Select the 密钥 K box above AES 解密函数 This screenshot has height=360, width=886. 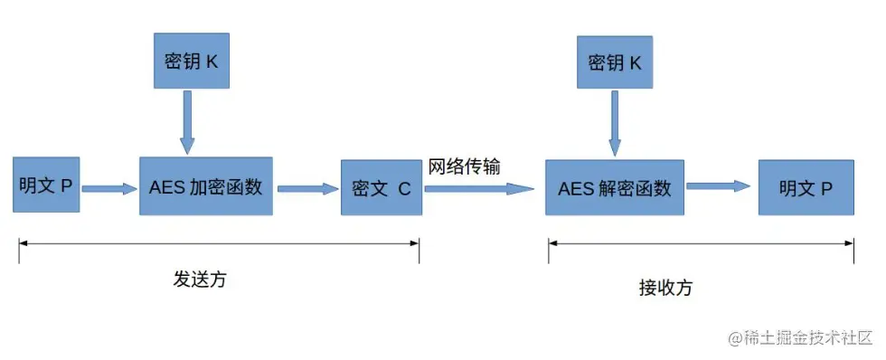(615, 62)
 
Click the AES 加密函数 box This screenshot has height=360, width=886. (205, 186)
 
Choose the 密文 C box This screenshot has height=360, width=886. (381, 188)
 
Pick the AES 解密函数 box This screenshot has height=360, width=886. (615, 188)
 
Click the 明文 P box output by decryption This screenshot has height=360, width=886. (806, 188)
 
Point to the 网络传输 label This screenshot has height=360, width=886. (465, 167)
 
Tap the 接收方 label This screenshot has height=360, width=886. (665, 288)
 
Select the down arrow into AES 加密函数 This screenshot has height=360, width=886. (187, 122)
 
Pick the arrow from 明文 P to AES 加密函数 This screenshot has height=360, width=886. (108, 188)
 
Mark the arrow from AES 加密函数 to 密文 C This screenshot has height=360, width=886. (306, 188)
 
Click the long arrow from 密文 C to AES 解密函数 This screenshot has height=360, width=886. (479, 188)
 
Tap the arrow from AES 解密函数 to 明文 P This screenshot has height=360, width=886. (719, 186)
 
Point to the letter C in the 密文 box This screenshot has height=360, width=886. (403, 189)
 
